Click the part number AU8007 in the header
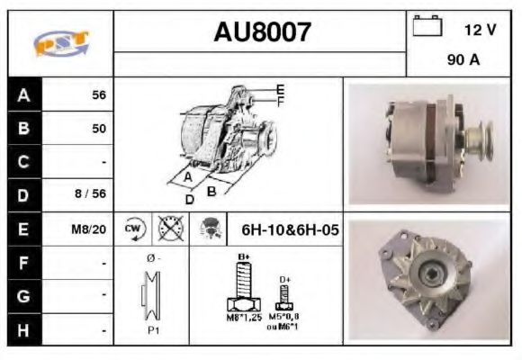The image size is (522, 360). coord(262,33)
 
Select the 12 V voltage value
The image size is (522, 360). coord(480,30)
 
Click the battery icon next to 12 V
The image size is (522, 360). coord(427,28)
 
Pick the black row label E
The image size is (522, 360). coord(24,229)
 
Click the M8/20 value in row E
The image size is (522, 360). coord(90,229)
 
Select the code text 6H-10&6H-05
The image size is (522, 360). coord(290,229)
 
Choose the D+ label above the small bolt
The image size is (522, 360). coord(284,280)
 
